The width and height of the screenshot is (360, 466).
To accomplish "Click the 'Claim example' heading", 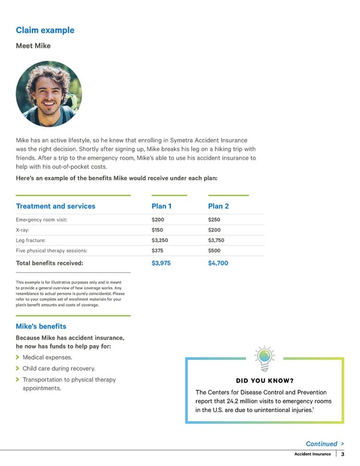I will pyautogui.click(x=45, y=30).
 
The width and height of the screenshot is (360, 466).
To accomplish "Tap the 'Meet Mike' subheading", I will pyautogui.click(x=33, y=46).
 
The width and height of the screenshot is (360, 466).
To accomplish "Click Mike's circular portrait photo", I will pyautogui.click(x=48, y=94).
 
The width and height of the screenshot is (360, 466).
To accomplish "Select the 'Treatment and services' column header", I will pyautogui.click(x=55, y=206).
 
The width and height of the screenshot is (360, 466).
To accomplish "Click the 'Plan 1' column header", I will pyautogui.click(x=162, y=206).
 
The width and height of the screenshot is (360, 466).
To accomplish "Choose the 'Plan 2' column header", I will pyautogui.click(x=218, y=206).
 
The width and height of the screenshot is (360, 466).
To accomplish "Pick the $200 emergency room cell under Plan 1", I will pyautogui.click(x=158, y=220).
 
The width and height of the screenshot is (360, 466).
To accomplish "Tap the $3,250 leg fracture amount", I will pyautogui.click(x=160, y=240).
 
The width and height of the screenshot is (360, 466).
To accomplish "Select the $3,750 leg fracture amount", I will pyautogui.click(x=216, y=240).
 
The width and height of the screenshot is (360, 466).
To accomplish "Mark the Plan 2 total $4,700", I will pyautogui.click(x=218, y=263).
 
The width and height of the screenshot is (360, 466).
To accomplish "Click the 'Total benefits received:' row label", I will pyautogui.click(x=49, y=263).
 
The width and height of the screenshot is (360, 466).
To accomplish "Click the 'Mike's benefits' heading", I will pyautogui.click(x=41, y=326).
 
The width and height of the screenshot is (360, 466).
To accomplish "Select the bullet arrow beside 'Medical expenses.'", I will pyautogui.click(x=18, y=357).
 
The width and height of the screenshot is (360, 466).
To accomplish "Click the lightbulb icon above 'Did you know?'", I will pyautogui.click(x=264, y=359).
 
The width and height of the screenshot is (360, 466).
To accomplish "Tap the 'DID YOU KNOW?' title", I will pyautogui.click(x=265, y=381).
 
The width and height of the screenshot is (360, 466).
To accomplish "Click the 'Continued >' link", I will pyautogui.click(x=325, y=444).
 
